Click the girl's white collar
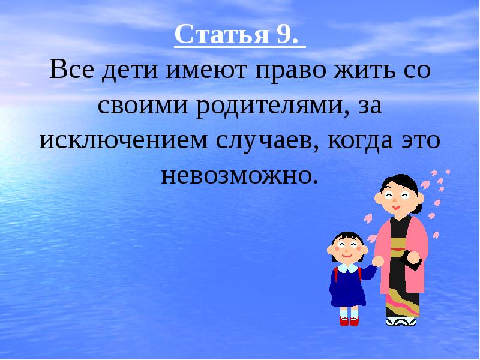tap(346, 267)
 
